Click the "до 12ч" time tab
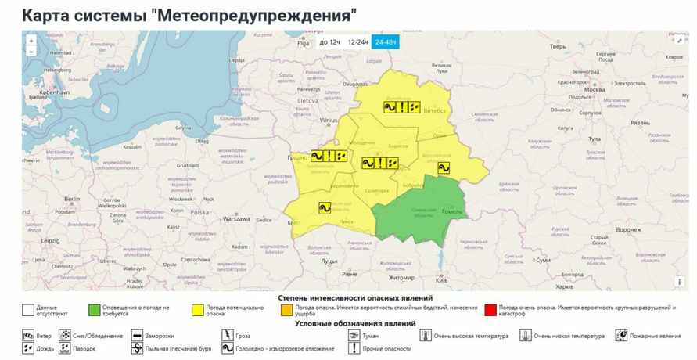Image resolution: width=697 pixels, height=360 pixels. [330, 41]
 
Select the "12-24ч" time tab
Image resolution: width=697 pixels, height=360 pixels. [358, 41]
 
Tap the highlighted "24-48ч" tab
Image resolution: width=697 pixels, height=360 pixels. [386, 41]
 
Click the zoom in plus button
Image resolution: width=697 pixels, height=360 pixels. [31, 41]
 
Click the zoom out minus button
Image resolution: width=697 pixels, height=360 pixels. [31, 52]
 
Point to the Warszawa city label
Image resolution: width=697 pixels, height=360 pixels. [236, 218]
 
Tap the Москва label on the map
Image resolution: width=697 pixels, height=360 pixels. [595, 89]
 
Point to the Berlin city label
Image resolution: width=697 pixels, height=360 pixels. [74, 200]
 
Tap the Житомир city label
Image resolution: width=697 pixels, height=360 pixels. [401, 277]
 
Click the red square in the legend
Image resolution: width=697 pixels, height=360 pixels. [490, 309]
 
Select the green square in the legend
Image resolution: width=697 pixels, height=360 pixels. [95, 309]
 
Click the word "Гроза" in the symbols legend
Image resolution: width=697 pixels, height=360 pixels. [244, 336]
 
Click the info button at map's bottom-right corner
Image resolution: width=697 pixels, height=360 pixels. [679, 283]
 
